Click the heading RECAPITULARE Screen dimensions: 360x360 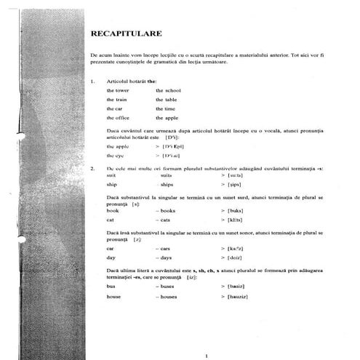point(126,33)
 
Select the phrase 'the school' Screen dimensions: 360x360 point(168,89)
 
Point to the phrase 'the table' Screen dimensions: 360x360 point(166,99)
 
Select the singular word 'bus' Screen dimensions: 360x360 point(111,287)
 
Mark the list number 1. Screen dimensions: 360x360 point(92,81)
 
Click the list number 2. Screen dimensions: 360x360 point(92,169)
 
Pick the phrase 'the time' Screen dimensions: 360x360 point(165,108)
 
